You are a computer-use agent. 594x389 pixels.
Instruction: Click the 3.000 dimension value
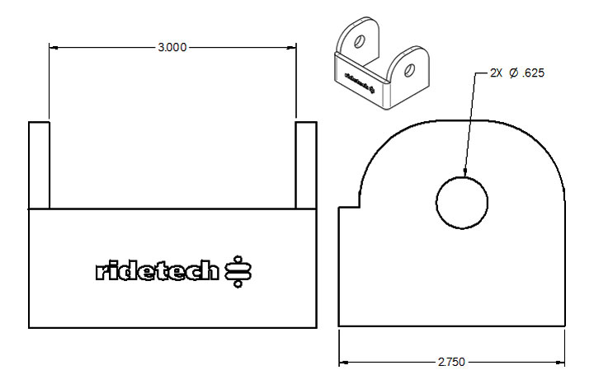point(172,47)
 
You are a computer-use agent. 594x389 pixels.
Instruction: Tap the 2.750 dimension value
point(451,362)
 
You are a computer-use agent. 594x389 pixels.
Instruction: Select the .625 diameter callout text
point(533,73)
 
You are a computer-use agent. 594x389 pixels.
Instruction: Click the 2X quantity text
point(496,73)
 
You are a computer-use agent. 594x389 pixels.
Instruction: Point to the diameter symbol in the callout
point(513,73)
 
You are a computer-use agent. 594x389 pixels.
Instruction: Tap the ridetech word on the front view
point(158,270)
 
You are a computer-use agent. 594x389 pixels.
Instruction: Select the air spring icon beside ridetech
point(238,271)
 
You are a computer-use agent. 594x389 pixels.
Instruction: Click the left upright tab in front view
point(39,165)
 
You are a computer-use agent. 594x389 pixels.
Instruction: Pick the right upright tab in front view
point(306,165)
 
